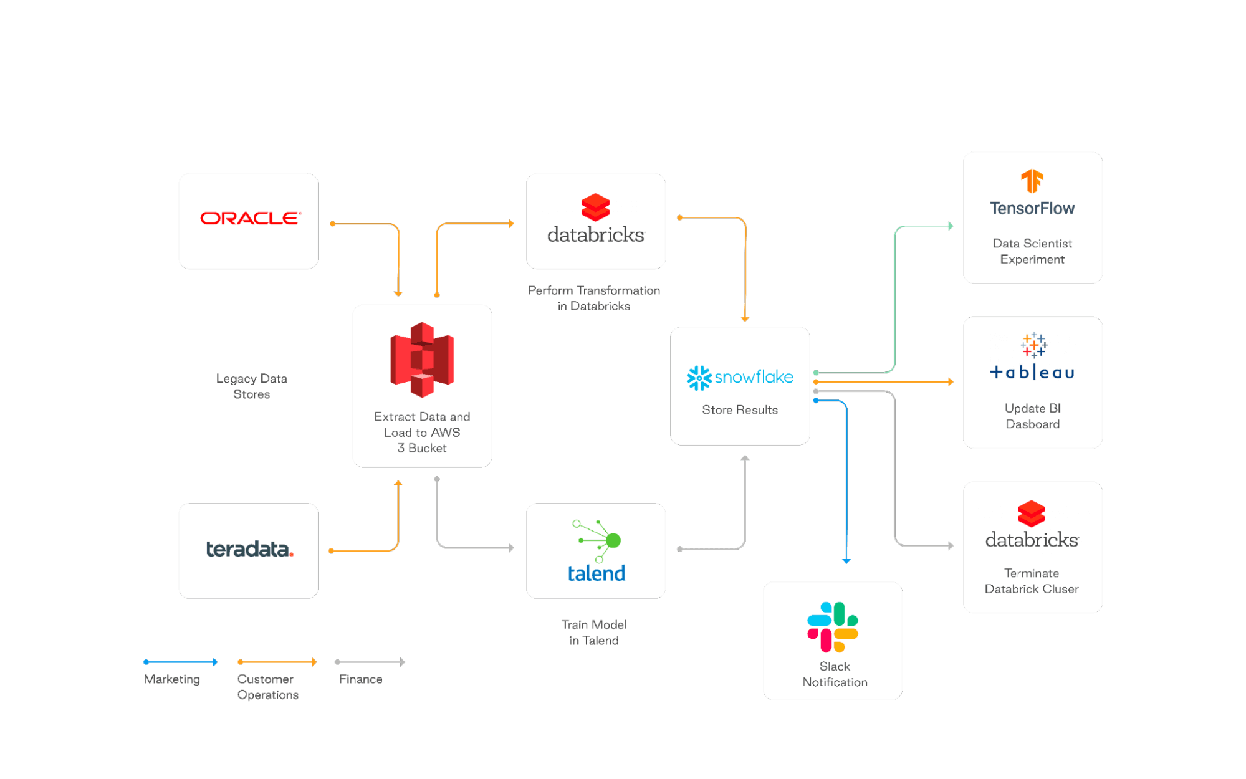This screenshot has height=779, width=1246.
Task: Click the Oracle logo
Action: point(250,218)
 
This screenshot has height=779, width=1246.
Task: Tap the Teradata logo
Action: point(249,549)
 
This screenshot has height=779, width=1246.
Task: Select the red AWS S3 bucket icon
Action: point(422,360)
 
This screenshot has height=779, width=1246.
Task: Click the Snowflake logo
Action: point(740,378)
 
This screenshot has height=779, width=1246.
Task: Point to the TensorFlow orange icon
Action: point(1032,181)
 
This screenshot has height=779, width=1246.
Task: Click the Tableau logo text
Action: point(1032,373)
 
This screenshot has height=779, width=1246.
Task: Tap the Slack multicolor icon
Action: point(833,627)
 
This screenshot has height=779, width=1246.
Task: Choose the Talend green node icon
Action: point(598,540)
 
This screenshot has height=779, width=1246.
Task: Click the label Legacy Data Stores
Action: point(251,386)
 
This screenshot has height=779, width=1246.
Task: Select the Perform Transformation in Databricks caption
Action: point(594,299)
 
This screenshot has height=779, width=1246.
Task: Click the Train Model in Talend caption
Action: point(594,633)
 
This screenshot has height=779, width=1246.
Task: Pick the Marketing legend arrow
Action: point(181,662)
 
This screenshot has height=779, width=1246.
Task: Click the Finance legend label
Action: point(361,679)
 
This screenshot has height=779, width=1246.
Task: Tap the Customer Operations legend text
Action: point(267,687)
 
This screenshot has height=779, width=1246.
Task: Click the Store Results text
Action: point(740,410)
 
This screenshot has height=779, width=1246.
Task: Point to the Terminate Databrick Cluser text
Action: point(1032,581)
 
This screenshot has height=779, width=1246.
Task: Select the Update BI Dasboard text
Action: point(1032,416)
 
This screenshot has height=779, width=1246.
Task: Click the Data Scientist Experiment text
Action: point(1032,251)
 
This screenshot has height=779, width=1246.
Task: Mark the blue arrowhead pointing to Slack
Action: point(846,561)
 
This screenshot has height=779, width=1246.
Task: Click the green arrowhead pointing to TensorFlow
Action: point(950,226)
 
